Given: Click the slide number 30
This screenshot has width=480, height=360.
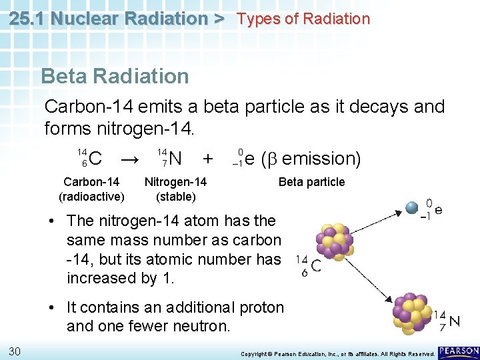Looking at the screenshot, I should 15,351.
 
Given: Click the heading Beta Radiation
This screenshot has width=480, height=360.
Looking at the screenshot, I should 115,76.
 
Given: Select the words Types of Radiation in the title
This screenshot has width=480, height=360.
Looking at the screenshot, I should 303,19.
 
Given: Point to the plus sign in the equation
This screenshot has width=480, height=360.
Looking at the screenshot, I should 208,159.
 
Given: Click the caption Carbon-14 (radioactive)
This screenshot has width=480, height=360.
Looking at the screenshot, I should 91,189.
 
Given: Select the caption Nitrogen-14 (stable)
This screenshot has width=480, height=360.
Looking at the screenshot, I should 175,189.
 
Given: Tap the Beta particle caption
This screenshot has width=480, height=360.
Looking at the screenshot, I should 311,182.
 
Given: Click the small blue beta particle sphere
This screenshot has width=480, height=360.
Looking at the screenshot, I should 412,207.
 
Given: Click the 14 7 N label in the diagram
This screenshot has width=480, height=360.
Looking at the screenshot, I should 447,321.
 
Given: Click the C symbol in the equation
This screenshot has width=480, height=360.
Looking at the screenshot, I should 95,159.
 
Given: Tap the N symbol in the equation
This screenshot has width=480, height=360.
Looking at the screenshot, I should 175,159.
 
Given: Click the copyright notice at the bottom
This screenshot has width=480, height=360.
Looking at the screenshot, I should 337,353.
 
